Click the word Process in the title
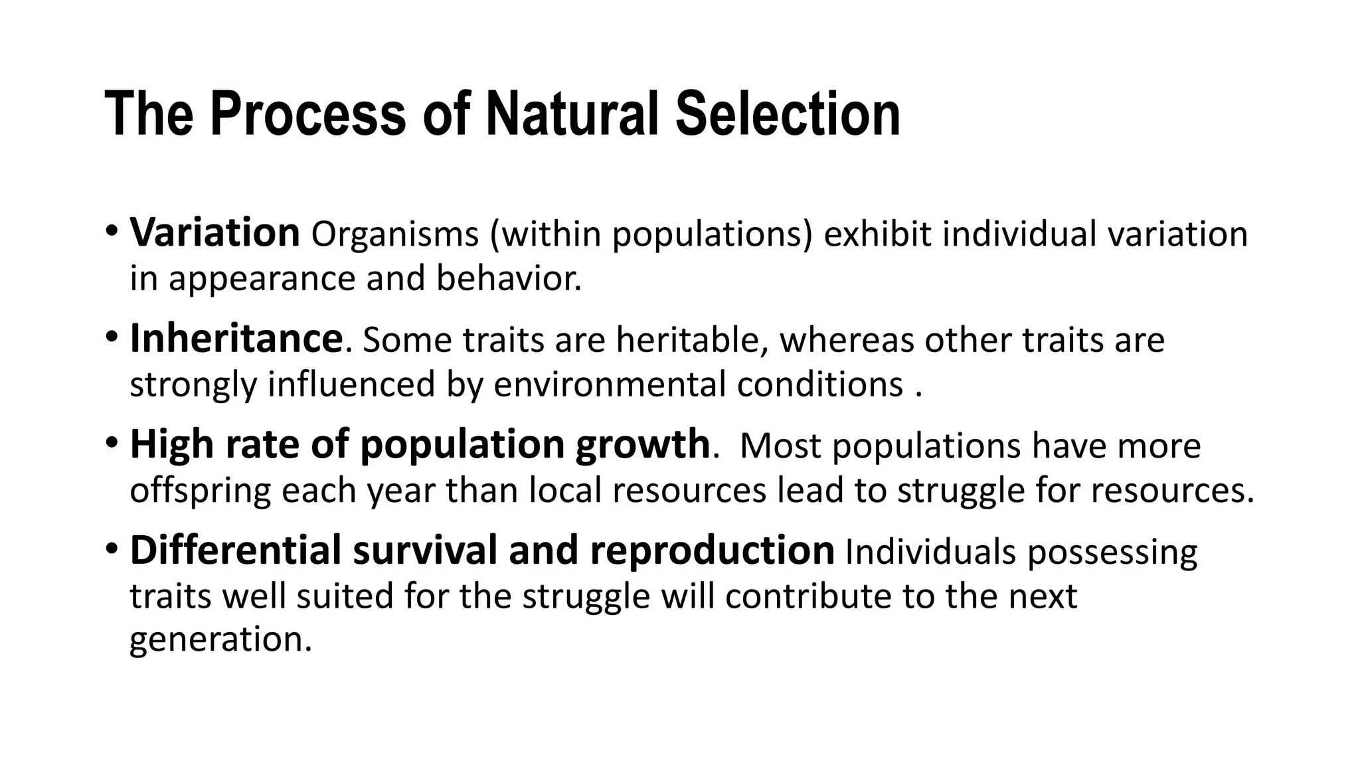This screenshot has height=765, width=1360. [x=307, y=114]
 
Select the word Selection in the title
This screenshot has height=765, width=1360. [x=788, y=114]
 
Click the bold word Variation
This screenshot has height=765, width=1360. [x=214, y=233]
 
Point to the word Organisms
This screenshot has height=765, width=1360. [x=395, y=234]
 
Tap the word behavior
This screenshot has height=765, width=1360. [x=509, y=278]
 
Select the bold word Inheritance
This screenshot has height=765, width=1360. [x=236, y=339]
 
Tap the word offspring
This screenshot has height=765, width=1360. [x=201, y=491]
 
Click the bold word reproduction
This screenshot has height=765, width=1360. [x=712, y=551]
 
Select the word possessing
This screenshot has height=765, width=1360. [x=1112, y=552]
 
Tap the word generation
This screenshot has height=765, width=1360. [x=220, y=639]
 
